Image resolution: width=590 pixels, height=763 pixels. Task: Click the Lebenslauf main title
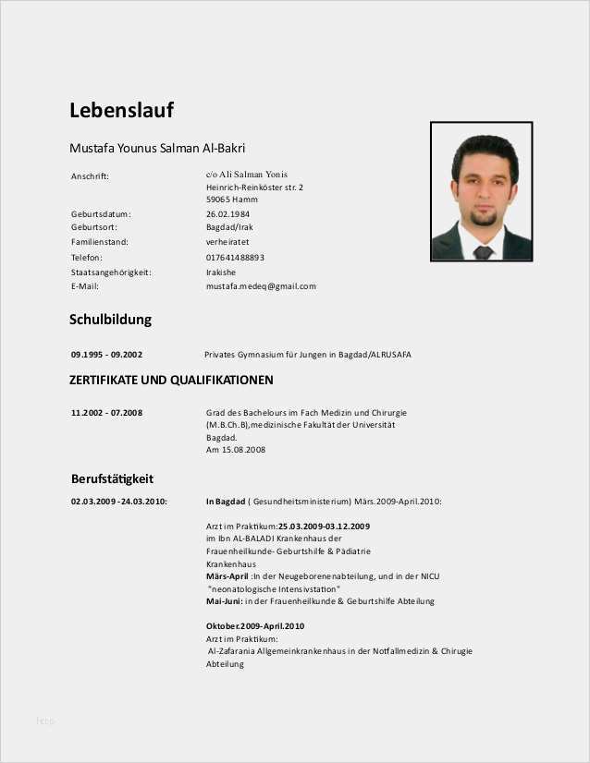[x=121, y=111]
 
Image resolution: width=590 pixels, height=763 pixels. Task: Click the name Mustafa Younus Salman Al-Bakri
[x=157, y=148]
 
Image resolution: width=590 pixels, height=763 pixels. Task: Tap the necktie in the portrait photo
[x=482, y=250]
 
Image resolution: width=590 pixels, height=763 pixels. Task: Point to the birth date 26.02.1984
[x=227, y=213]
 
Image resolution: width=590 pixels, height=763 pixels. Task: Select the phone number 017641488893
[x=235, y=257]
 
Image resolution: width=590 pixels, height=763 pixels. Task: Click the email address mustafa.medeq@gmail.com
[x=261, y=286]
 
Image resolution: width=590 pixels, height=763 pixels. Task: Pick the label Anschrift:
[x=90, y=176]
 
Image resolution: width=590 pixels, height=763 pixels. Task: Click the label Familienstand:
[x=99, y=242]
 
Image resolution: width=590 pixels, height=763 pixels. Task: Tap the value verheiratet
[x=227, y=242]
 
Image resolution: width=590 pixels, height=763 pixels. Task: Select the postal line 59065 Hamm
[x=231, y=199]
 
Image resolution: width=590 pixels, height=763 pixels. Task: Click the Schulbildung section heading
[x=110, y=321]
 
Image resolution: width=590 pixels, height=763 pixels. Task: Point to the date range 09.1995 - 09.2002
[x=106, y=355]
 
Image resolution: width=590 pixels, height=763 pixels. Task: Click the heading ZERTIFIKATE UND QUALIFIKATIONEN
[x=171, y=381]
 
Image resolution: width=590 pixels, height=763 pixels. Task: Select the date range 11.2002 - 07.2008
[x=106, y=412]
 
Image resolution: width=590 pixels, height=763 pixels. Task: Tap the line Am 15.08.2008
[x=236, y=450]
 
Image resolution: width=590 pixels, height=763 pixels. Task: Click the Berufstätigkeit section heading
[x=112, y=478]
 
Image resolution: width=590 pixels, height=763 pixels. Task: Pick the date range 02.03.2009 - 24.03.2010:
[x=118, y=502]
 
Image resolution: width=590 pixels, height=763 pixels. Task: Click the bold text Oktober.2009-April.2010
[x=255, y=626]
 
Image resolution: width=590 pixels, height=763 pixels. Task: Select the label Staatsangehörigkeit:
[x=110, y=272]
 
